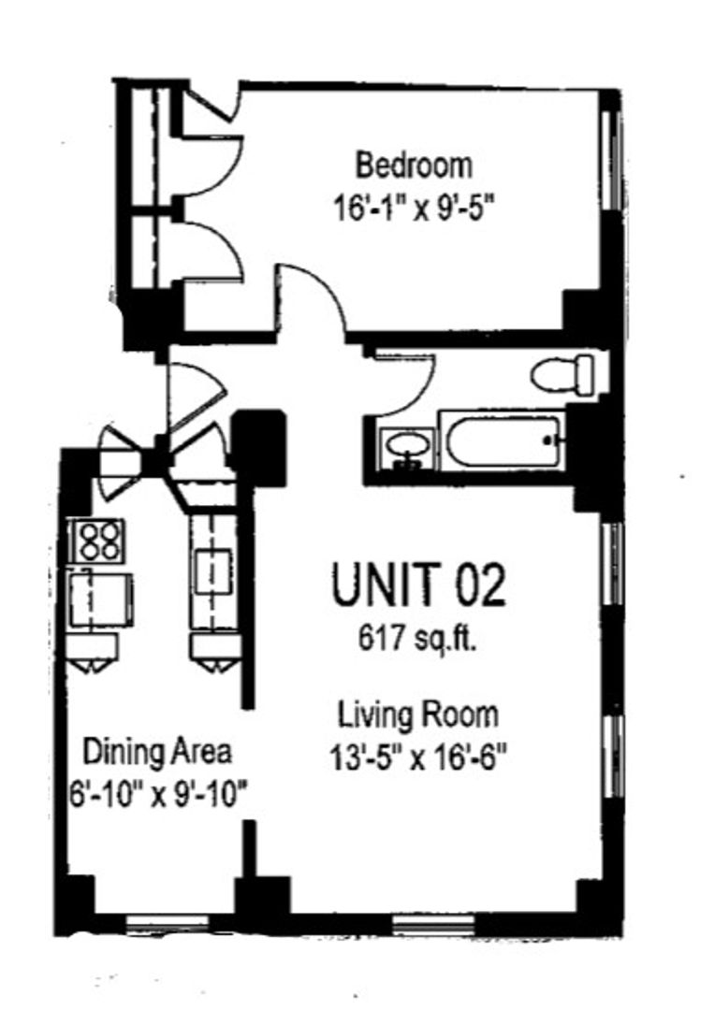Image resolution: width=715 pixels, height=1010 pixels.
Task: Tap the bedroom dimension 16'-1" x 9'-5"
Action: pos(416,209)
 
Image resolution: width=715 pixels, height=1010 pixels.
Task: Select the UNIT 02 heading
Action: pos(418,584)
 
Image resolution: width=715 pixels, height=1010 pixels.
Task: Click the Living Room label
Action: pos(418,714)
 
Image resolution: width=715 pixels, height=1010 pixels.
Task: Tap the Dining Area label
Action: pos(157,752)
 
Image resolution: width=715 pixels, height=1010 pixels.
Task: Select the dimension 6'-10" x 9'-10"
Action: pos(158,794)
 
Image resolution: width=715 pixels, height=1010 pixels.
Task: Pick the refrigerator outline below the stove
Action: pos(101,599)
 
